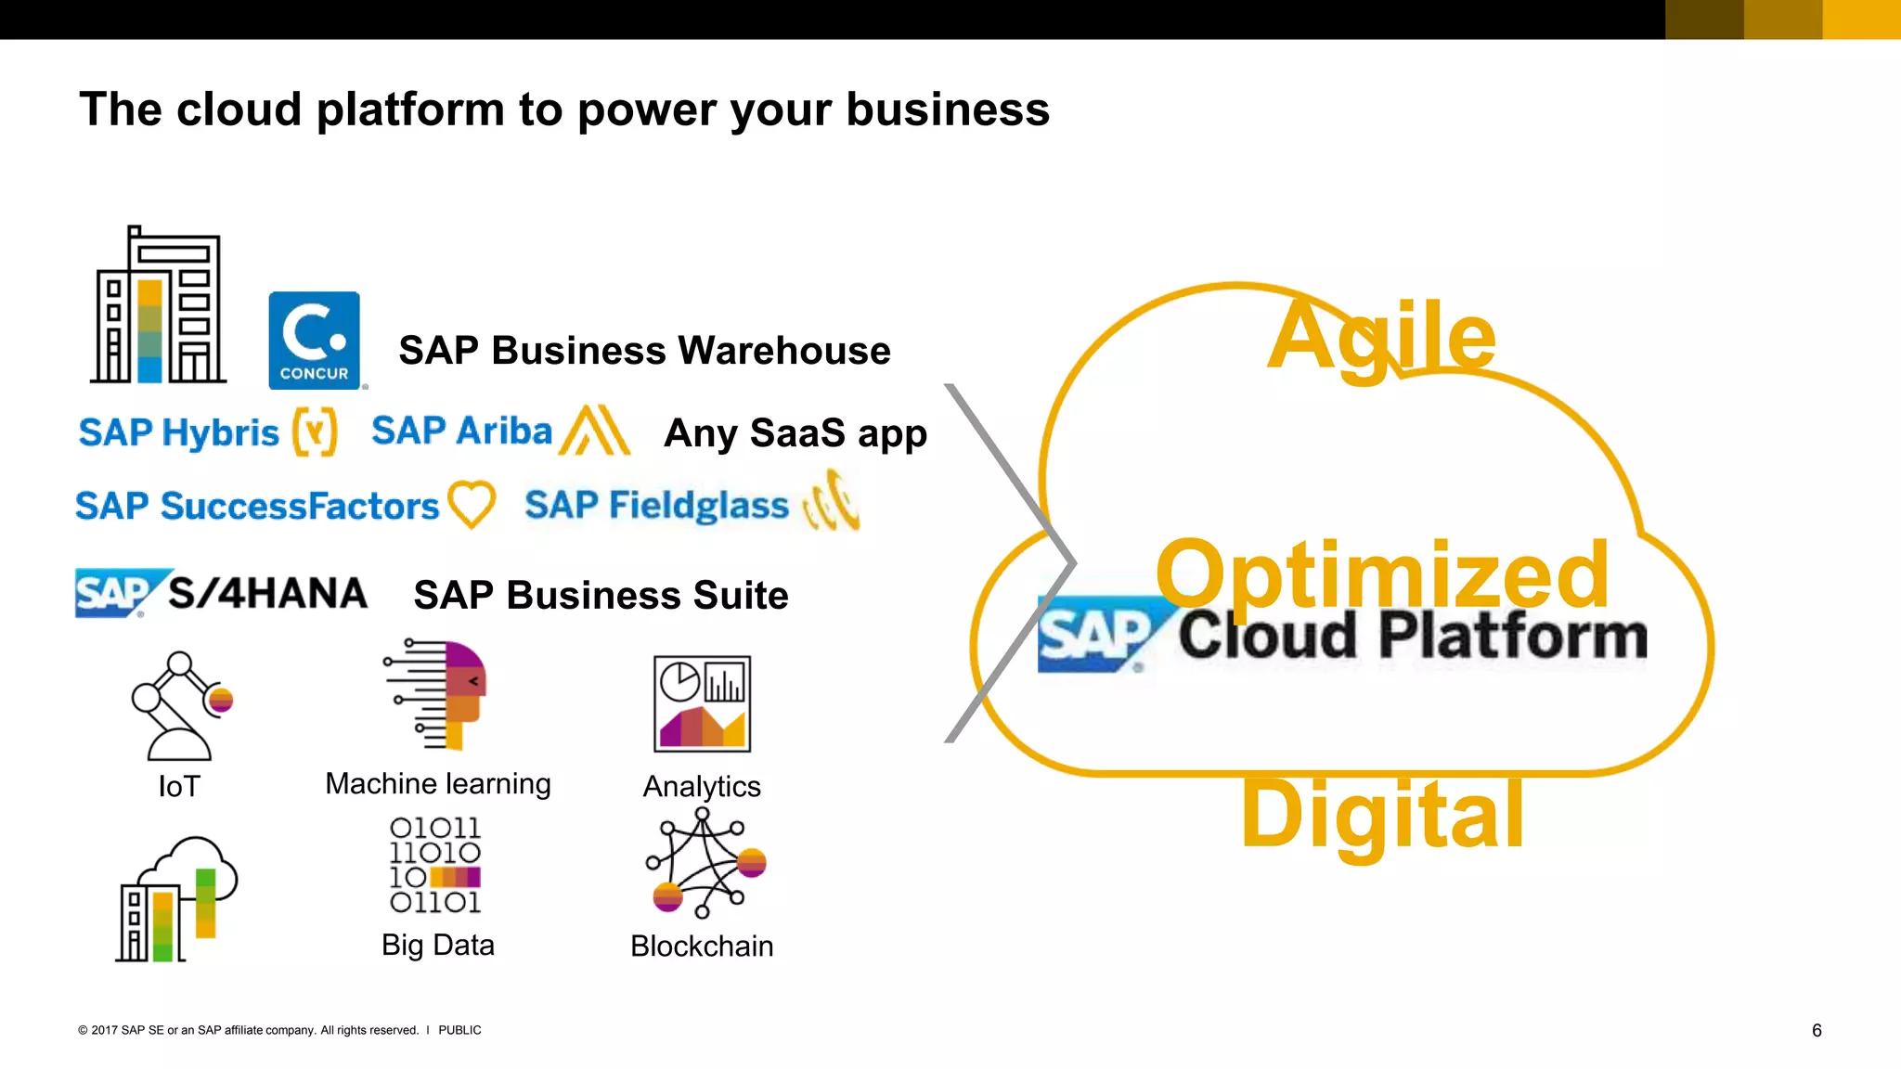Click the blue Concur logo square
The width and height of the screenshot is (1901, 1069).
coord(314,340)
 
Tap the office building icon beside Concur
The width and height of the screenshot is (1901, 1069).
coord(159,306)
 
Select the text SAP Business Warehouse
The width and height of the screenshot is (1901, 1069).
coord(644,351)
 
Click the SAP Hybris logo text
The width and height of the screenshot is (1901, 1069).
coord(179,432)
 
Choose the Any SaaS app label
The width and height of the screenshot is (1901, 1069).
coord(795,433)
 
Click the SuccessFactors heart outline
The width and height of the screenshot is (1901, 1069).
coord(472,504)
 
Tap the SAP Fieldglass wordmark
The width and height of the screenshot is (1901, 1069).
coord(656,506)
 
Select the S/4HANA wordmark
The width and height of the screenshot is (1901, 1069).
coord(267,594)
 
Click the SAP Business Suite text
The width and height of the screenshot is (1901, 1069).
coord(601,596)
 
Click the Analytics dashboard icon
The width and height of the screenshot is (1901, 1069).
coord(702,703)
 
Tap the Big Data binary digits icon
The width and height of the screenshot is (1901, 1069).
coord(435,865)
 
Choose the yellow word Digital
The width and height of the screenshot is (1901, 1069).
coord(1382,815)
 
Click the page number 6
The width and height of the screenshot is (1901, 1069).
coord(1817,1030)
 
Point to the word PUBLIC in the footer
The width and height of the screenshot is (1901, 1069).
coord(459,1030)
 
